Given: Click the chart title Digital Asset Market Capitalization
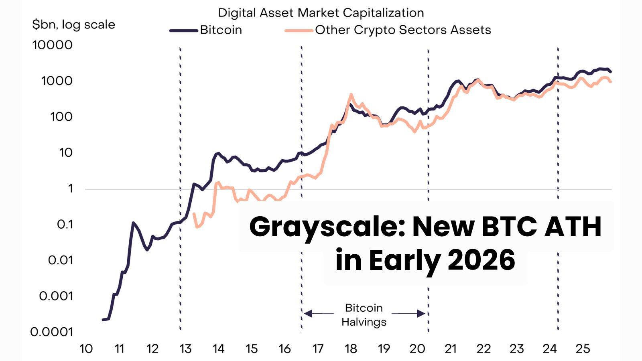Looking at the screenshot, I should coord(321,13).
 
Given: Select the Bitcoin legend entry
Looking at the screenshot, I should coord(221,30).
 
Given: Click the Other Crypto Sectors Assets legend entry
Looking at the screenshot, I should coord(402,30).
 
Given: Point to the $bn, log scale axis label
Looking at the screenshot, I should coord(73,25).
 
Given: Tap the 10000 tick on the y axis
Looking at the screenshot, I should coord(53,45).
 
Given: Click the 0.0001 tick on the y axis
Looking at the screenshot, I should coord(52,332).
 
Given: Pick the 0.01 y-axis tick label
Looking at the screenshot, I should coord(60,260).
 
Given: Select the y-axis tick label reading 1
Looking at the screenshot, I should coord(71,189).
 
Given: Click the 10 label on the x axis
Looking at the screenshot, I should coord(86,349).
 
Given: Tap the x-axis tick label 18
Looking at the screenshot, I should coord(351,349).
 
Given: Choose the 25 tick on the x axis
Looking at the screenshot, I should coord(583,349).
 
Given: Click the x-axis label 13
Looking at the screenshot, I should coord(185,349).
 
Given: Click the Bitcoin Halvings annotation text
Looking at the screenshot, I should coord(364,315).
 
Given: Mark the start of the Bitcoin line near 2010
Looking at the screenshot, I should coord(104,320).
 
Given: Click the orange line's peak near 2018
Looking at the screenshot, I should coord(351,95).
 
